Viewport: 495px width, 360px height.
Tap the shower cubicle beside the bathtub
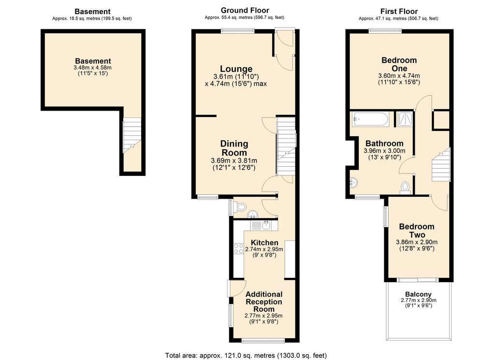tap(405, 119)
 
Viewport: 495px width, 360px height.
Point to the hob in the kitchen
tap(238, 249)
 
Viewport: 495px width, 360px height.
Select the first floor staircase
tap(441, 165)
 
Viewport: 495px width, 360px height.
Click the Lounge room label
tap(236, 69)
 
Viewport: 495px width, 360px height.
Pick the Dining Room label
tap(234, 148)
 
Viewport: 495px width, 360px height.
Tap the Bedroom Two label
tap(417, 230)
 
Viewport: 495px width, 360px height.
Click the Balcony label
tap(418, 294)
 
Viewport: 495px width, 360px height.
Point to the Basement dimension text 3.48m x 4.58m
tap(92, 68)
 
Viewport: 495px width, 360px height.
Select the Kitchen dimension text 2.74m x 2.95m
tap(264, 249)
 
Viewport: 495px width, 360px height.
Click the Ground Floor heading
tap(245, 11)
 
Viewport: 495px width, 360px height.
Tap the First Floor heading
tap(399, 12)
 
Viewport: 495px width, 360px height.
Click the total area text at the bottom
tap(246, 356)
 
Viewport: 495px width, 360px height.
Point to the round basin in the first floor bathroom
tap(353, 182)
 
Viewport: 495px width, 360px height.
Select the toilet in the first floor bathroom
tap(405, 187)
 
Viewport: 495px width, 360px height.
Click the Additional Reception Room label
tap(264, 302)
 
